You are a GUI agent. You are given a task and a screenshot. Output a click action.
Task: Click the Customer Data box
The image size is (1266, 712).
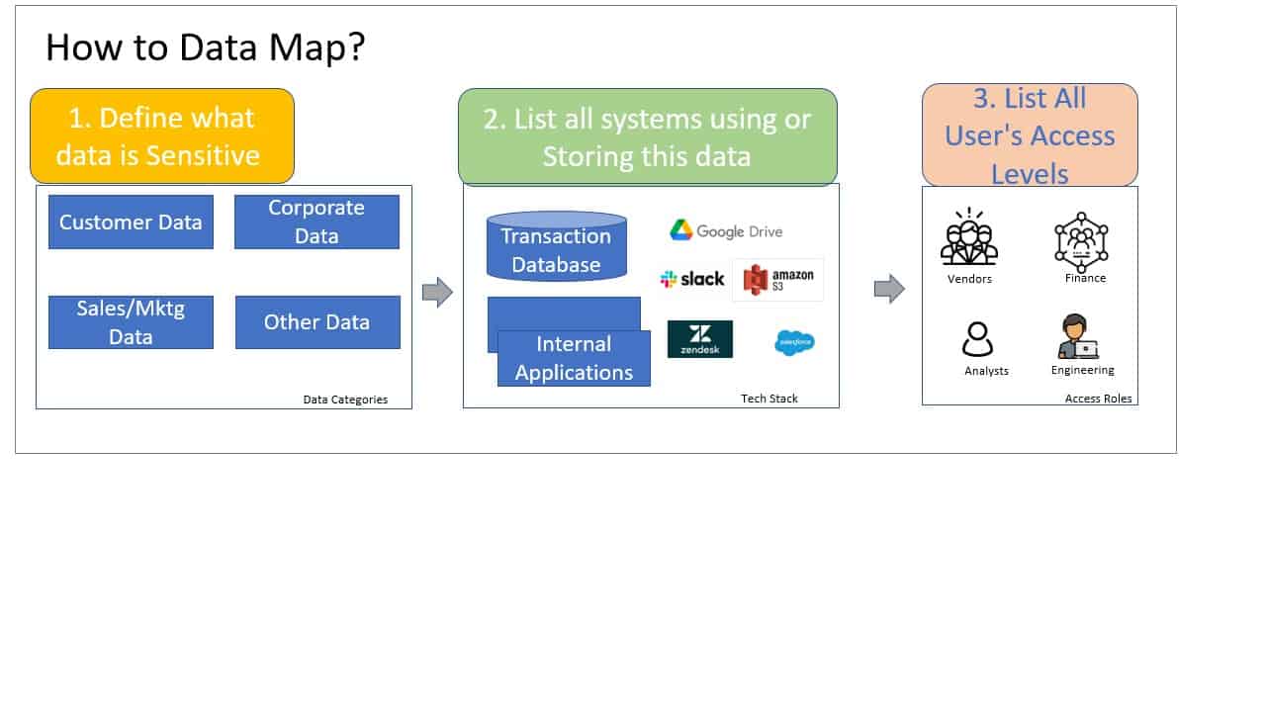[131, 222]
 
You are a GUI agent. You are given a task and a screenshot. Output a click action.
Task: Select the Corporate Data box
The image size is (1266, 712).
[316, 222]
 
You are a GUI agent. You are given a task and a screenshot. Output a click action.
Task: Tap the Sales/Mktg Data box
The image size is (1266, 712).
[131, 322]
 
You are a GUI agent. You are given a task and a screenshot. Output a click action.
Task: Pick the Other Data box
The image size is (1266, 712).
[317, 322]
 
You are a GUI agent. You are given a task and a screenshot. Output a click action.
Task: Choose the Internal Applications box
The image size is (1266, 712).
[574, 358]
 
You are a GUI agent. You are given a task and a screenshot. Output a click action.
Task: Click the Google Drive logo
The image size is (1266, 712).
[726, 230]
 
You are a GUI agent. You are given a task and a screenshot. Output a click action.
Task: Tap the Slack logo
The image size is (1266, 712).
[692, 279]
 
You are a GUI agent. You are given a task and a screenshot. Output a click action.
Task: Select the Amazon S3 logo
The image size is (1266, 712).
[777, 279]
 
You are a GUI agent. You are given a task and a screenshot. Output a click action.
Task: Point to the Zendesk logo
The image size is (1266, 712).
[699, 338]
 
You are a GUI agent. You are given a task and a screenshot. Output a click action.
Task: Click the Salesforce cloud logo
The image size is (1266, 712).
[794, 342]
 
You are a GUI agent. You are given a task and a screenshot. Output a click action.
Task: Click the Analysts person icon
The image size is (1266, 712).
[978, 340]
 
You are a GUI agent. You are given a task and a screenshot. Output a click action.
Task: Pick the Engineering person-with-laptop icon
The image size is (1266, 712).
[1078, 337]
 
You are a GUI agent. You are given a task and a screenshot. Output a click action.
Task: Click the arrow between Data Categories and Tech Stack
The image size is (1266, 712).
[437, 292]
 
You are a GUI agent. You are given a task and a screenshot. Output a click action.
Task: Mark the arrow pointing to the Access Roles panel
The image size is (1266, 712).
[889, 289]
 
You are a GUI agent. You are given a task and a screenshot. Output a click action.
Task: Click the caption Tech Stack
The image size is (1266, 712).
[769, 399]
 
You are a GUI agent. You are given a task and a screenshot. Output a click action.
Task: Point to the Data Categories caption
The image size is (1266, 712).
[345, 400]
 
